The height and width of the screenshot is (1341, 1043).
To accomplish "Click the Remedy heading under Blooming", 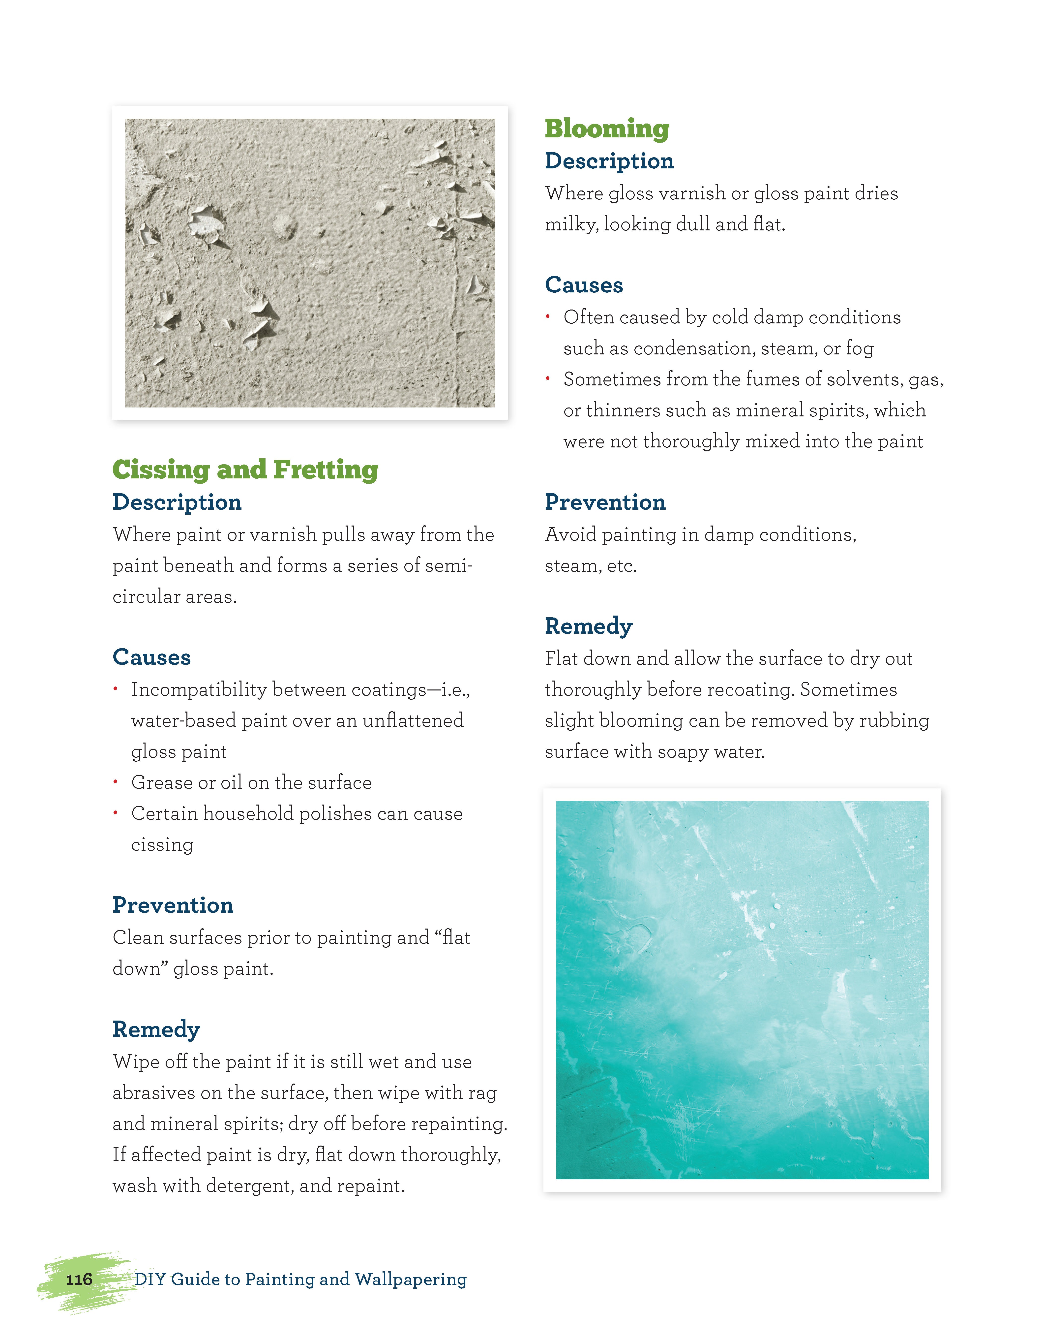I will click(x=588, y=626).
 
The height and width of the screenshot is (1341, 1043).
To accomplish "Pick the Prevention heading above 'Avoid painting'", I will click(x=605, y=502).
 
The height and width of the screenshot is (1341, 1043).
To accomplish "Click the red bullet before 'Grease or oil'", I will click(x=116, y=782).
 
